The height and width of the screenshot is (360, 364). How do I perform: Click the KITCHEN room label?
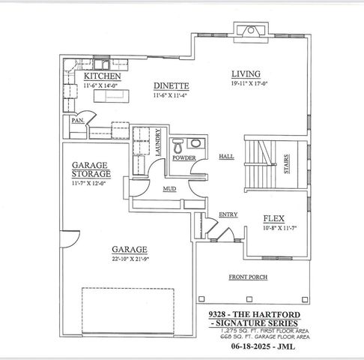click(102, 76)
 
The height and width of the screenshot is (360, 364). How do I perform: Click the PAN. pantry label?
click(76, 120)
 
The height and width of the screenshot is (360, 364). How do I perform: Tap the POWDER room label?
click(183, 158)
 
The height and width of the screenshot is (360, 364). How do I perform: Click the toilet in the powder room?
click(178, 145)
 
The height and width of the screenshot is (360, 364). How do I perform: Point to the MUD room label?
click(169, 189)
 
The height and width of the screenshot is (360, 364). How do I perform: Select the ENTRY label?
click(228, 215)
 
